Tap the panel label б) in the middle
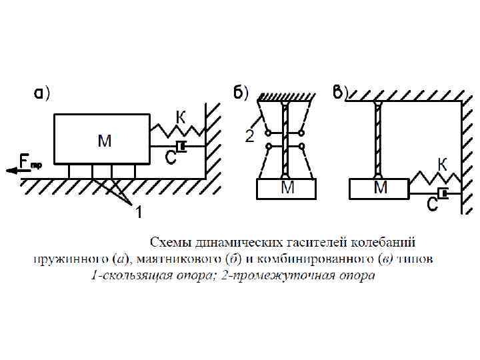(x=241, y=93)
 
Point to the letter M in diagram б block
(x=288, y=188)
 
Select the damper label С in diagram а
(x=170, y=158)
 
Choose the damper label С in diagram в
(x=432, y=205)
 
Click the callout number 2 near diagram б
(x=249, y=137)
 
